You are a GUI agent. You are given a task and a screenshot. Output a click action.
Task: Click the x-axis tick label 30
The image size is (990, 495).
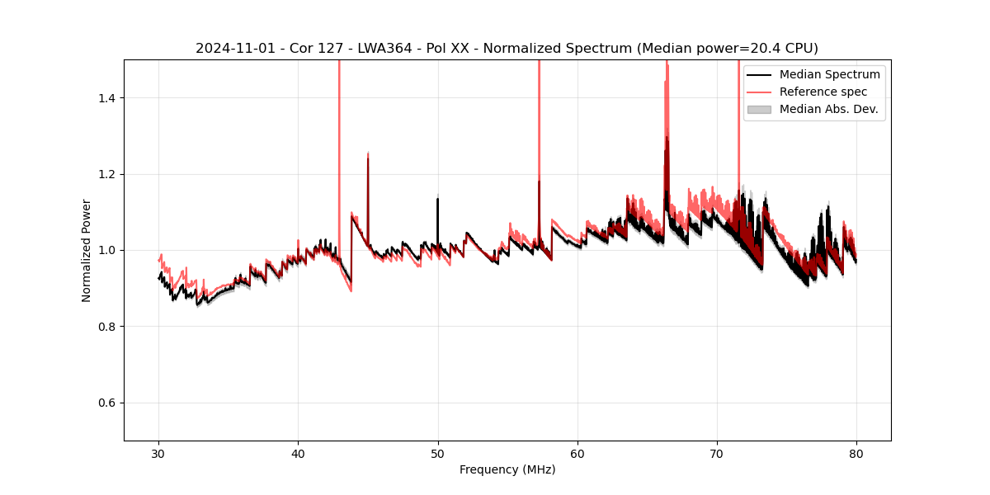tap(159, 454)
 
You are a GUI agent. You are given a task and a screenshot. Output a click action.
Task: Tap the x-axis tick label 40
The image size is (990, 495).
tap(299, 454)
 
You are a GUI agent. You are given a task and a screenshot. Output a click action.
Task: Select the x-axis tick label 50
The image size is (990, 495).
tap(438, 454)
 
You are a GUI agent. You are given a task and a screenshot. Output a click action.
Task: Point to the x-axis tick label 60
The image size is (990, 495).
tap(577, 454)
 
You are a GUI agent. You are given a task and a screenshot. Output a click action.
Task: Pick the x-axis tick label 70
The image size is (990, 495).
tap(717, 454)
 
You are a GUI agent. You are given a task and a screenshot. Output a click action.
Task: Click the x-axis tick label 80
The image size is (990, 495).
tap(856, 454)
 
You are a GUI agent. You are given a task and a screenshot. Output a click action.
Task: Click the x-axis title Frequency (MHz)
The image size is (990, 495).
tap(507, 469)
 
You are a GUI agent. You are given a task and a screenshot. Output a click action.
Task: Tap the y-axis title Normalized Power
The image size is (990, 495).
tap(87, 250)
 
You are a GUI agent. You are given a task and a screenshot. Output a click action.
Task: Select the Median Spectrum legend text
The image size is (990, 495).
tap(829, 74)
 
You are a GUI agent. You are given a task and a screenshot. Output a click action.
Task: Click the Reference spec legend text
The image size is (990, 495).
tap(823, 92)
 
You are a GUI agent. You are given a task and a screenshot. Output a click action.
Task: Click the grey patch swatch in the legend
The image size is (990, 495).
tap(759, 109)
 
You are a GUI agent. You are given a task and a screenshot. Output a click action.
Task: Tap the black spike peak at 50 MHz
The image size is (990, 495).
tap(437, 199)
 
